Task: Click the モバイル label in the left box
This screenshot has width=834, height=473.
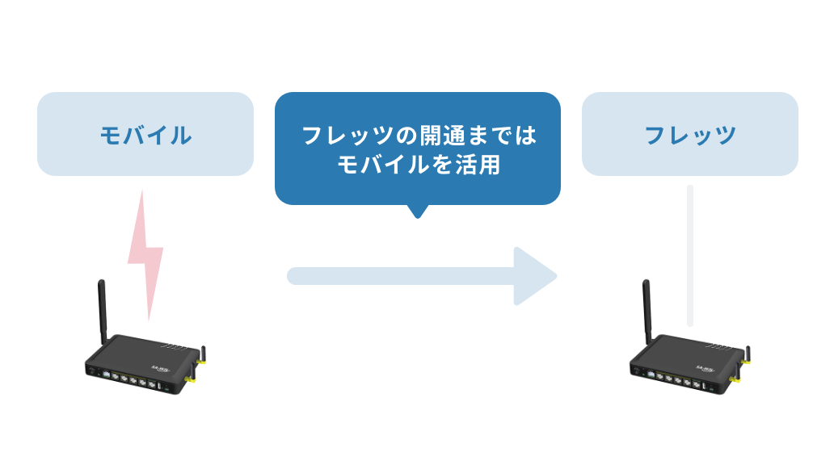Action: pos(145,135)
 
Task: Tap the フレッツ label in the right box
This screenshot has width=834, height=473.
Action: pos(689,135)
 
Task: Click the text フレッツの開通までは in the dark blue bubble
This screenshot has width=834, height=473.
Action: pos(418,135)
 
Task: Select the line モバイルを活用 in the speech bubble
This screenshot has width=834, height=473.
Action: pos(418,165)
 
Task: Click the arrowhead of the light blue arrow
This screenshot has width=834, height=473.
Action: pos(533,276)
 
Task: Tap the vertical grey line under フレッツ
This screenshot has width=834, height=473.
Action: pos(689,255)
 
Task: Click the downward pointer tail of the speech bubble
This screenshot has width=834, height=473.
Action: pos(417,211)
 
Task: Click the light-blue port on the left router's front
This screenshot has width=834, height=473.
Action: pos(96,373)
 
